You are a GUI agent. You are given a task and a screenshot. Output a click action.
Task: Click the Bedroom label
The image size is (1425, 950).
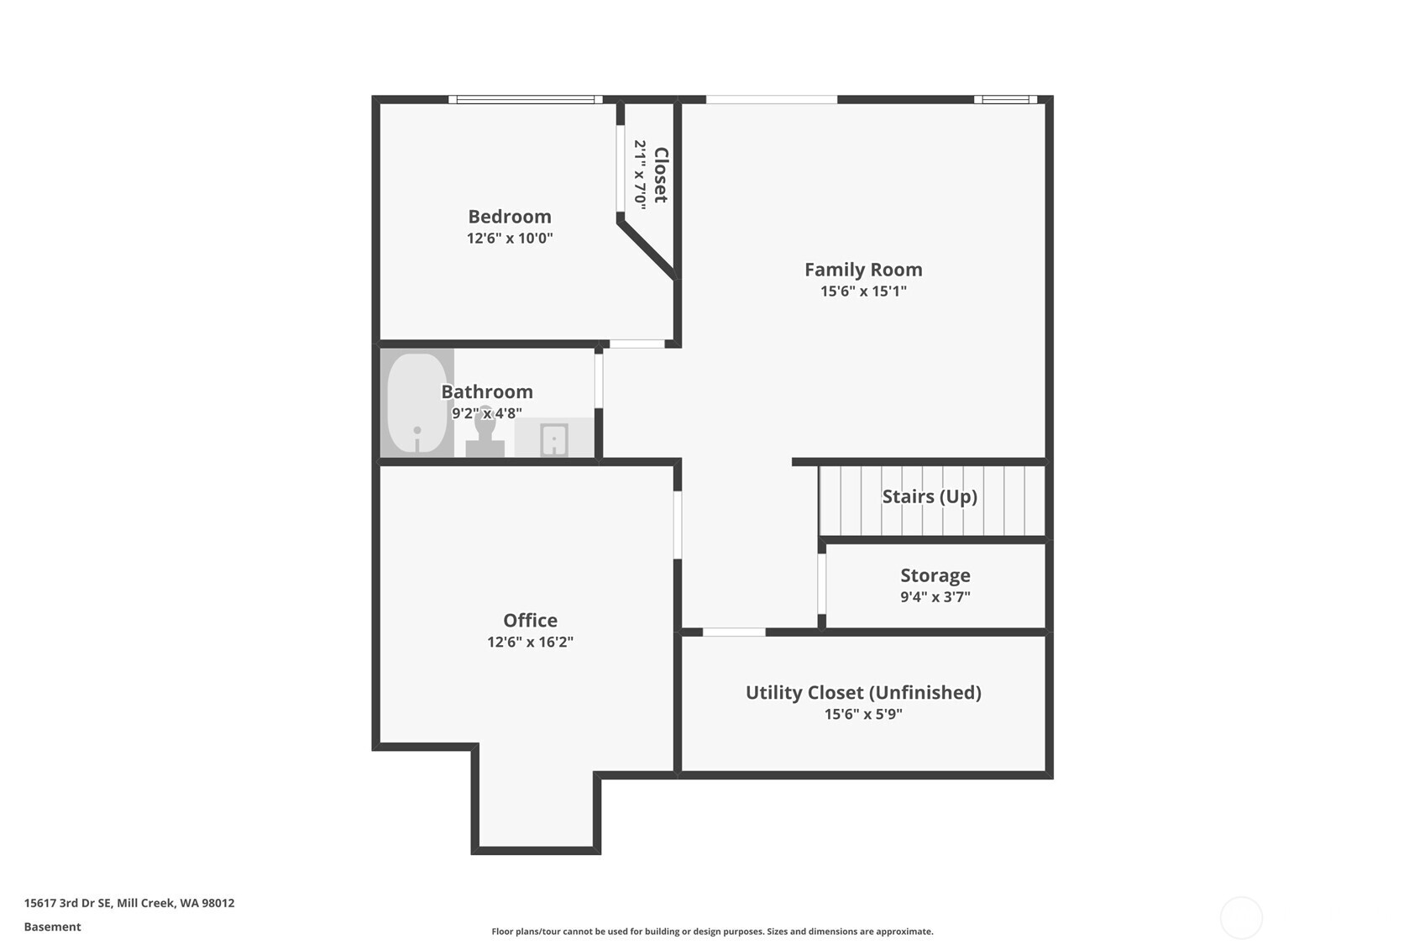tap(509, 217)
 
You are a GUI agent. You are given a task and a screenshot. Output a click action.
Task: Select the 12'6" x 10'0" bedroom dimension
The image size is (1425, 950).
tap(509, 239)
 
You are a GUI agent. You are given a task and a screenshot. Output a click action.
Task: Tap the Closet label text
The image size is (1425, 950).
tap(661, 175)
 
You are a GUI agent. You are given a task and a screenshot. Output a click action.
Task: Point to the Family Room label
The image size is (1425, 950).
tap(862, 270)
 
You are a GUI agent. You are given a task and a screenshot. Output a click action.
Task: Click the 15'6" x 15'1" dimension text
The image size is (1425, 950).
tap(862, 291)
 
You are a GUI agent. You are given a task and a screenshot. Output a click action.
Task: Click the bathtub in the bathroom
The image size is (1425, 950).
tap(417, 402)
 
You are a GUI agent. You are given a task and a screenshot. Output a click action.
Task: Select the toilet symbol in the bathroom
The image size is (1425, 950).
tap(485, 433)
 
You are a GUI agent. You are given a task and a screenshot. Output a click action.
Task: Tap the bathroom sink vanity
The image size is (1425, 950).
tap(553, 438)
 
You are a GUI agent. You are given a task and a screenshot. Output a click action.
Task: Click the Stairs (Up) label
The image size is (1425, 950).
tap(929, 496)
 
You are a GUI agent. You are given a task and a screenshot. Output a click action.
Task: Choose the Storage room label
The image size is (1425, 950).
tap(935, 575)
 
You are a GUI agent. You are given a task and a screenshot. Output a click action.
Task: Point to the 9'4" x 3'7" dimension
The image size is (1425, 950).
tap(935, 597)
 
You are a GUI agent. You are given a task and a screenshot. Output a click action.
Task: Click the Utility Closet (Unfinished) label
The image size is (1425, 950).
tap(862, 692)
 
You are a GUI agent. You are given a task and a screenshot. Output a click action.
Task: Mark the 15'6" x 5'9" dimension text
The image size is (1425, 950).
tap(862, 714)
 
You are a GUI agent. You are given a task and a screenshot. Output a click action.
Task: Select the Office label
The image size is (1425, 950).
tap(530, 620)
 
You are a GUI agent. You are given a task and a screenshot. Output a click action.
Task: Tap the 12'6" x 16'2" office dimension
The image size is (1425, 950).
tap(530, 642)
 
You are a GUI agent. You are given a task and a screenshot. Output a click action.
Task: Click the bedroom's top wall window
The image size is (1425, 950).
tap(526, 99)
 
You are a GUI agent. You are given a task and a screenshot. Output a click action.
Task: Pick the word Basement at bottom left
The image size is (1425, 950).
tap(52, 926)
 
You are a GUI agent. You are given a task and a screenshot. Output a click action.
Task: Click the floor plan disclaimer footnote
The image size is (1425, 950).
tap(712, 931)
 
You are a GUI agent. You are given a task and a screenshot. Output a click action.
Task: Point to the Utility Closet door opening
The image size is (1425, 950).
tap(734, 632)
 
